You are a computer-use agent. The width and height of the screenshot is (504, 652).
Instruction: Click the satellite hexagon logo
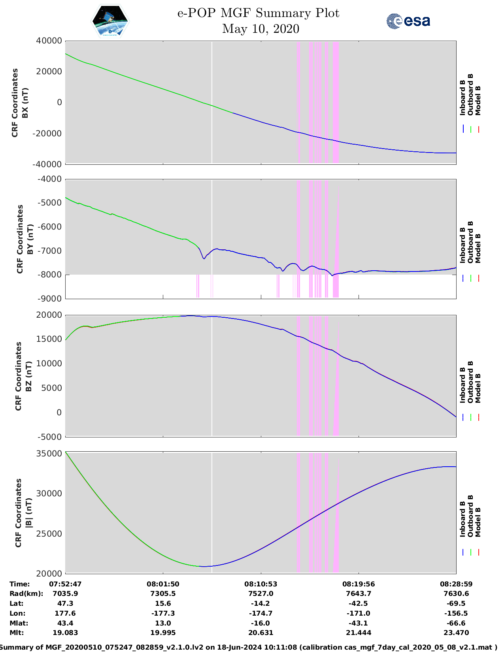coord(110,21)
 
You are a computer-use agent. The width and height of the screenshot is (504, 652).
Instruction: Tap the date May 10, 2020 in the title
coord(260,29)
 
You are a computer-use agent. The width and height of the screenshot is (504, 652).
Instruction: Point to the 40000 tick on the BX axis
coord(49,41)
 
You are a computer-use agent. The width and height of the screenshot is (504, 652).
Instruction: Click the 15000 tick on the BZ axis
coord(49,339)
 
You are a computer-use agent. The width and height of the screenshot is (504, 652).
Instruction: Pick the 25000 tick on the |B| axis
coord(49,533)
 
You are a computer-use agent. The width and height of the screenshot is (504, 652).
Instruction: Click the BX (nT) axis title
coord(25,103)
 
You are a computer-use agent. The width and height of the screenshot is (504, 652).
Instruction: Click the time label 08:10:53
coord(260,584)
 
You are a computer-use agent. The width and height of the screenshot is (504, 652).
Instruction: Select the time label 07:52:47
coord(65,584)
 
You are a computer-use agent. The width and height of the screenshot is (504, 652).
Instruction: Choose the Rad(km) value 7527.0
coord(260,594)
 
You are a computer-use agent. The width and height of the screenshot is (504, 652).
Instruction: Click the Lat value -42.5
coord(359,603)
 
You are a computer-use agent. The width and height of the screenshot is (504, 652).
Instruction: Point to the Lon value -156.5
coord(456,613)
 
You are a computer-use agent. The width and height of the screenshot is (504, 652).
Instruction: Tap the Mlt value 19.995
coord(163,633)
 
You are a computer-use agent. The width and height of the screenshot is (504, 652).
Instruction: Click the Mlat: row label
coord(19,623)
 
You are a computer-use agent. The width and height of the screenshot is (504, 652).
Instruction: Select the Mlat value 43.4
coord(65,623)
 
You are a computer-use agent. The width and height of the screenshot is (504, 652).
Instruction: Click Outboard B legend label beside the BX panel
coord(470,94)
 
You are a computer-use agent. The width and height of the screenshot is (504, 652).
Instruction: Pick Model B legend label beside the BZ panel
coord(478,388)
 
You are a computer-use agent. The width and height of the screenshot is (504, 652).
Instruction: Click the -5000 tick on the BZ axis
coord(49,437)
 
